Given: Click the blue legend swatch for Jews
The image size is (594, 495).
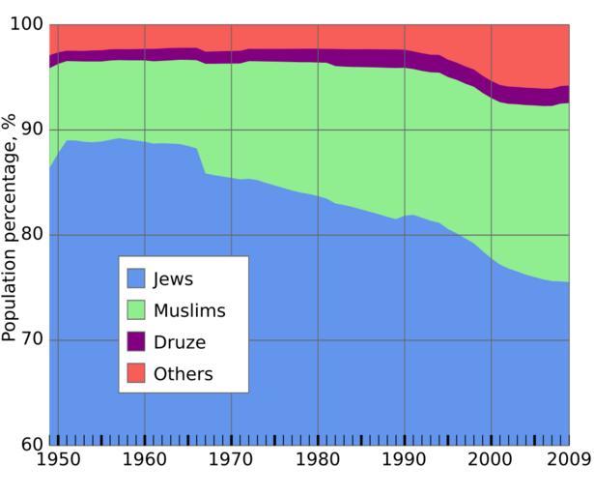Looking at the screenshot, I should click(x=136, y=279).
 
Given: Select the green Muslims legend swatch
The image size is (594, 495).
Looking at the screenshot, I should click(x=136, y=310).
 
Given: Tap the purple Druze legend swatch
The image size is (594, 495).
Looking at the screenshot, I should click(x=136, y=341).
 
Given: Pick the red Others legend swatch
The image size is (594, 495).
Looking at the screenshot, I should click(x=136, y=373).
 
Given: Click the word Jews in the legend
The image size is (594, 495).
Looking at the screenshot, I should click(x=174, y=279).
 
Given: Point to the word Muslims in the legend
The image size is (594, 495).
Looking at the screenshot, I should click(x=189, y=310).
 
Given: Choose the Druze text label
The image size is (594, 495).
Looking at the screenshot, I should click(x=180, y=342).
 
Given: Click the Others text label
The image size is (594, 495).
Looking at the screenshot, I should click(x=184, y=373).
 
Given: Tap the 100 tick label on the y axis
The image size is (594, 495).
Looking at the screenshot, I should click(x=27, y=25).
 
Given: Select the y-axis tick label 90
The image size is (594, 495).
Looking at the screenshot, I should click(x=32, y=130).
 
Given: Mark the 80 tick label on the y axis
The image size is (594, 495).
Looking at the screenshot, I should click(x=32, y=235).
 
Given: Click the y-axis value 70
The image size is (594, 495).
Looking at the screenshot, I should click(x=32, y=340).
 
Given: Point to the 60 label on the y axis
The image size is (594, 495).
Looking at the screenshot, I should click(x=32, y=445).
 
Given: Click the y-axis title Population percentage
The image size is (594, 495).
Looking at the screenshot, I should click(x=10, y=227).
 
